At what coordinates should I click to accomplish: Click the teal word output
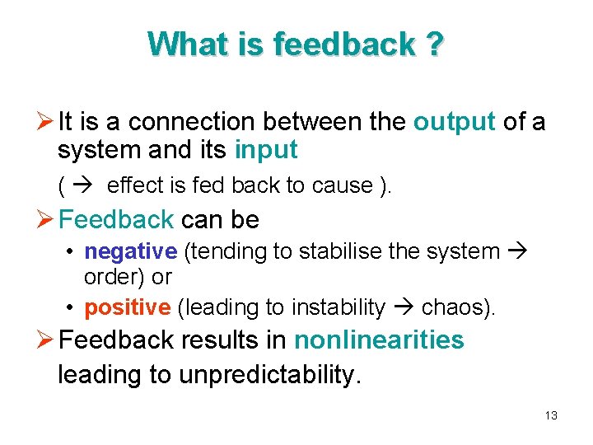(x=454, y=122)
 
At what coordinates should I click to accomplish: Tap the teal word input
(x=266, y=151)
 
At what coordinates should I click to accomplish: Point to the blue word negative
(x=130, y=251)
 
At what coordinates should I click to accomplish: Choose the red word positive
(x=127, y=307)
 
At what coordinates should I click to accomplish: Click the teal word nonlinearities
(x=379, y=340)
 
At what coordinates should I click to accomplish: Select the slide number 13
(x=551, y=415)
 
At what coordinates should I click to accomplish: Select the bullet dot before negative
(x=72, y=252)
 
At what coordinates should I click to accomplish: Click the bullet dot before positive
(x=72, y=308)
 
